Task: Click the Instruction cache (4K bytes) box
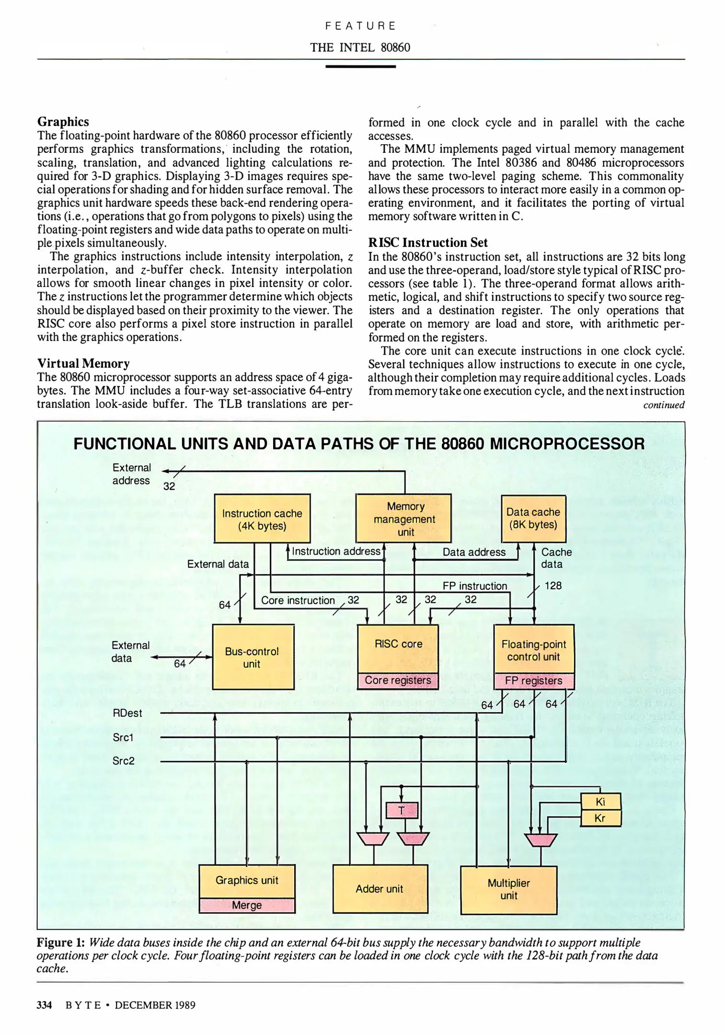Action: [x=262, y=519]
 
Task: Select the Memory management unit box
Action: [x=404, y=518]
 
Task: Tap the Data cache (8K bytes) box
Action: [x=533, y=518]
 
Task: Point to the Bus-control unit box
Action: [x=253, y=657]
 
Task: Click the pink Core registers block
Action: [x=398, y=680]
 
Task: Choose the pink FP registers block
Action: [x=533, y=680]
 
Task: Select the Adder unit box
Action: [x=379, y=889]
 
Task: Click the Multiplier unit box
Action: [x=508, y=889]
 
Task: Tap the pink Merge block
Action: [x=247, y=905]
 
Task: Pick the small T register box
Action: [x=402, y=810]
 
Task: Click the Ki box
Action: [x=600, y=802]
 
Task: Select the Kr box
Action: [x=600, y=818]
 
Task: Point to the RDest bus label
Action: [x=127, y=713]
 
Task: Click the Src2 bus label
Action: [x=124, y=761]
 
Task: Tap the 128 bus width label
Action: [x=553, y=586]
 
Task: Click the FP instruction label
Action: [x=474, y=586]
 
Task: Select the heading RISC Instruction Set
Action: [x=428, y=242]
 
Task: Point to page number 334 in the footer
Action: [x=44, y=1005]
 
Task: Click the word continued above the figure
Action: [x=664, y=405]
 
